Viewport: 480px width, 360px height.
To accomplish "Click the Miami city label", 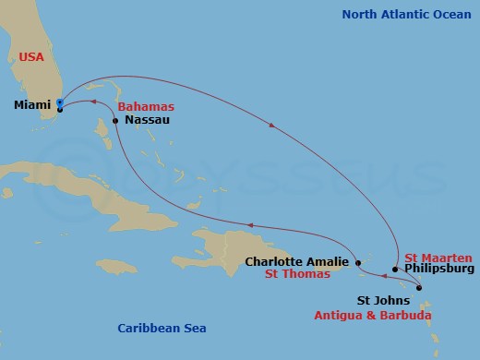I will (32, 105).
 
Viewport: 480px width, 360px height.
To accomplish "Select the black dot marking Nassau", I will (115, 121).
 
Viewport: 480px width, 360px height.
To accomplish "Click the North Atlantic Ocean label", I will (408, 14).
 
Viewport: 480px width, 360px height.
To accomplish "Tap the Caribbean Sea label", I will (162, 328).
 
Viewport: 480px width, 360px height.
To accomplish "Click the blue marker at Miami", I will (60, 102).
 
